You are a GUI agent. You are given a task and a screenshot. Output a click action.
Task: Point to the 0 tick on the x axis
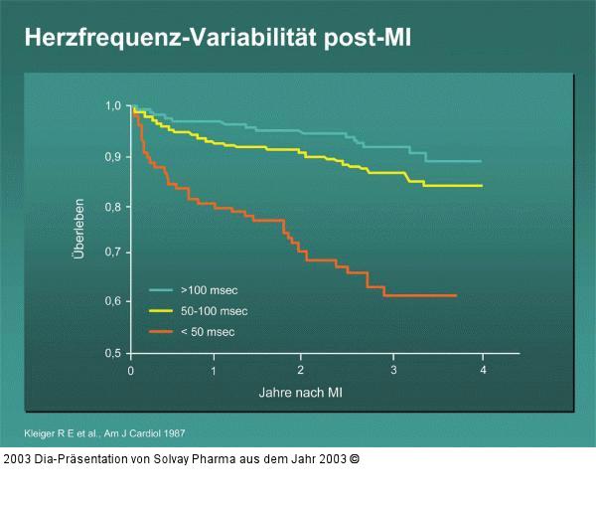(131, 370)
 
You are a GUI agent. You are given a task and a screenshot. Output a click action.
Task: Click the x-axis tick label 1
(214, 370)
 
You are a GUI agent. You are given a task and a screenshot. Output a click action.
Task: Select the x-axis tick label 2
(300, 370)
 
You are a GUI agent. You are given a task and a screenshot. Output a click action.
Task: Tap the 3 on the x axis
(393, 370)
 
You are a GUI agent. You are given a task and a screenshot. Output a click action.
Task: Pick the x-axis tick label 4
(483, 370)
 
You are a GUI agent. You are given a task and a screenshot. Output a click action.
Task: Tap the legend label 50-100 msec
(213, 311)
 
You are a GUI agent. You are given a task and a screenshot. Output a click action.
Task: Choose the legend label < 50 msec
(207, 331)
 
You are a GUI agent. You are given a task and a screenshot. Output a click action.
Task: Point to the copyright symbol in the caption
(355, 459)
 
